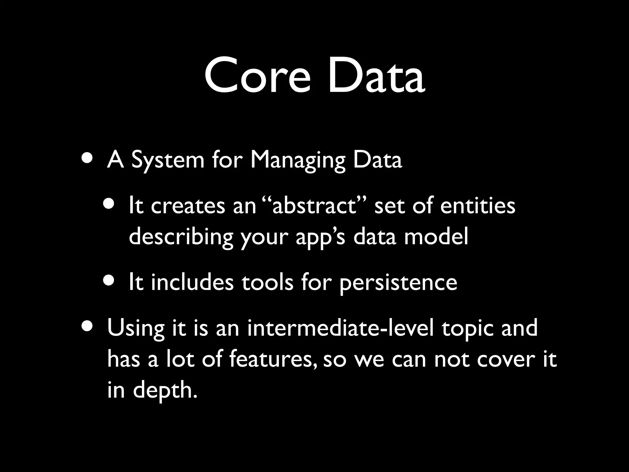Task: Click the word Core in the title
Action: pyautogui.click(x=257, y=76)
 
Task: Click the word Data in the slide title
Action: pyautogui.click(x=377, y=76)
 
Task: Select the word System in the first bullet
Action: pyautogui.click(x=168, y=161)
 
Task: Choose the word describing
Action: pyautogui.click(x=181, y=238)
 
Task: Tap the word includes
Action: pyautogui.click(x=192, y=282)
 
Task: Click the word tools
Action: pyautogui.click(x=267, y=282)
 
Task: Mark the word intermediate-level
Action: pyautogui.click(x=340, y=328)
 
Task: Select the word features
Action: pyautogui.click(x=272, y=359)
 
